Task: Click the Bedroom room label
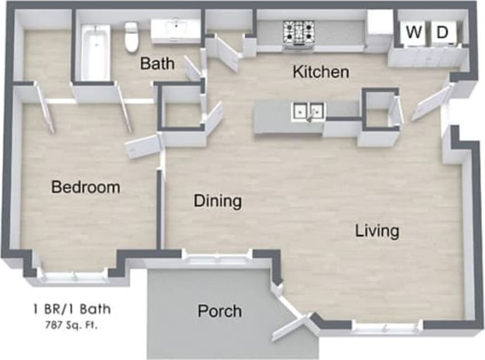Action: pyautogui.click(x=85, y=187)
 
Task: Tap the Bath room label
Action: pyautogui.click(x=156, y=63)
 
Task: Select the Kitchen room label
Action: pyautogui.click(x=321, y=72)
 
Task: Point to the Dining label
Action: pyautogui.click(x=218, y=201)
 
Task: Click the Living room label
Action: pyautogui.click(x=377, y=231)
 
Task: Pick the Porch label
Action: pyautogui.click(x=219, y=310)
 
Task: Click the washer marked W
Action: pyautogui.click(x=413, y=33)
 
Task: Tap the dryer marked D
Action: pyautogui.click(x=442, y=33)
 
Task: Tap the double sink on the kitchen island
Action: pyautogui.click(x=307, y=111)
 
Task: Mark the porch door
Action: pyautogui.click(x=290, y=328)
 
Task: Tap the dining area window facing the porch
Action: pyautogui.click(x=217, y=258)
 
